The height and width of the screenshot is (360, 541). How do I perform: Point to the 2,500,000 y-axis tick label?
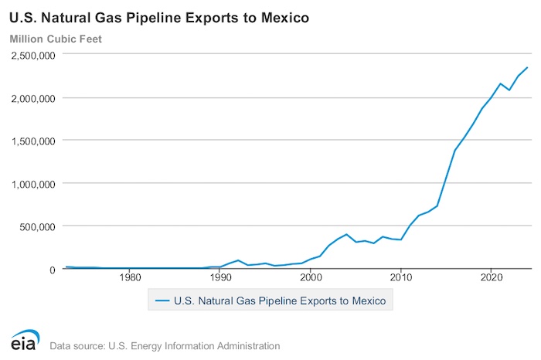(x=32, y=56)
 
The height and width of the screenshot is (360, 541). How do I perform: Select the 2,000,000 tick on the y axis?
(x=32, y=98)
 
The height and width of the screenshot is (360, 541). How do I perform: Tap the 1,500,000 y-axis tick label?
(x=32, y=141)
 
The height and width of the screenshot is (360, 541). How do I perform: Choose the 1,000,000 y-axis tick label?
(x=32, y=184)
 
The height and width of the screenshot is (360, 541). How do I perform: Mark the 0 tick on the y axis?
(x=53, y=269)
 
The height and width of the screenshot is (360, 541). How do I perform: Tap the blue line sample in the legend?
(x=162, y=299)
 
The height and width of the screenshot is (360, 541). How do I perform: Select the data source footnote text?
(x=164, y=345)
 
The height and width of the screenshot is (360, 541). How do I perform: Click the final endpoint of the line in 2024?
(x=527, y=68)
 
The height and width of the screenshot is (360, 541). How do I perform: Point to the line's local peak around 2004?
(x=346, y=234)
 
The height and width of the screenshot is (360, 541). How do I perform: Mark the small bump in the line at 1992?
(x=238, y=260)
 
